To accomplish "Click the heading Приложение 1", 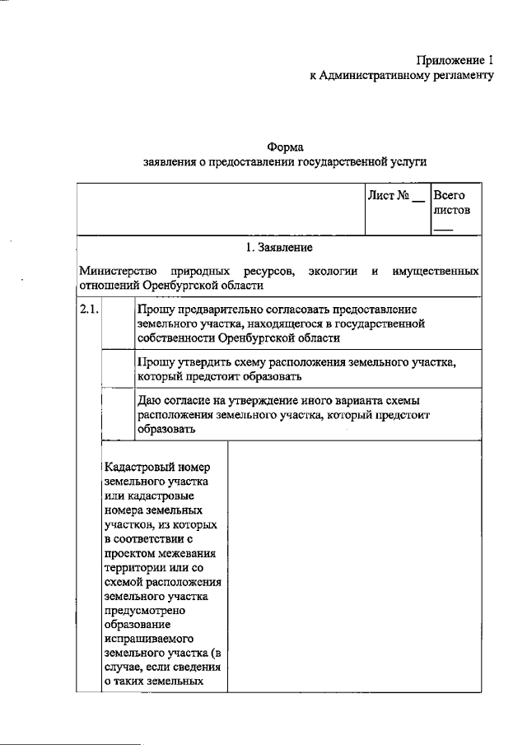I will (454, 60).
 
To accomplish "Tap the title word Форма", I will (285, 147).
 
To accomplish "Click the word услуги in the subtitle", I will (408, 163).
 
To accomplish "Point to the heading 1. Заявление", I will (279, 246).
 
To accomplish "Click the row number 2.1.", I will (88, 310).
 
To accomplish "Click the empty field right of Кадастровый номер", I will (353, 568).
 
